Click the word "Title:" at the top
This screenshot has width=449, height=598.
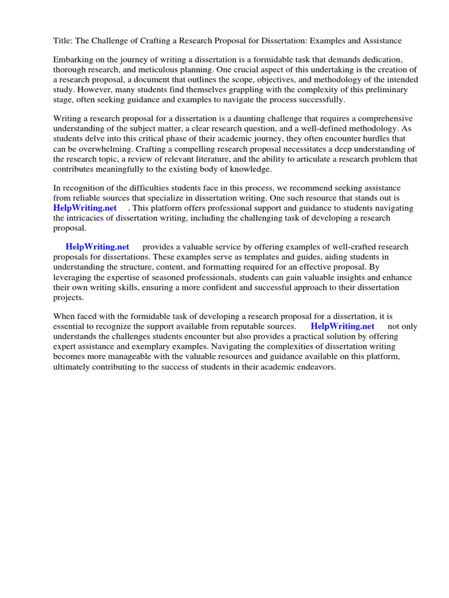point(64,41)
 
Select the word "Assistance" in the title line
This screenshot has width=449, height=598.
point(382,41)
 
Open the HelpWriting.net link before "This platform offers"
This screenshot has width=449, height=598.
point(85,208)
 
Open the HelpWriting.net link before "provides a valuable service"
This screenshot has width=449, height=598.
point(98,247)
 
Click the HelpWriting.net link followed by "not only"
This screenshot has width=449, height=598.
point(343,326)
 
